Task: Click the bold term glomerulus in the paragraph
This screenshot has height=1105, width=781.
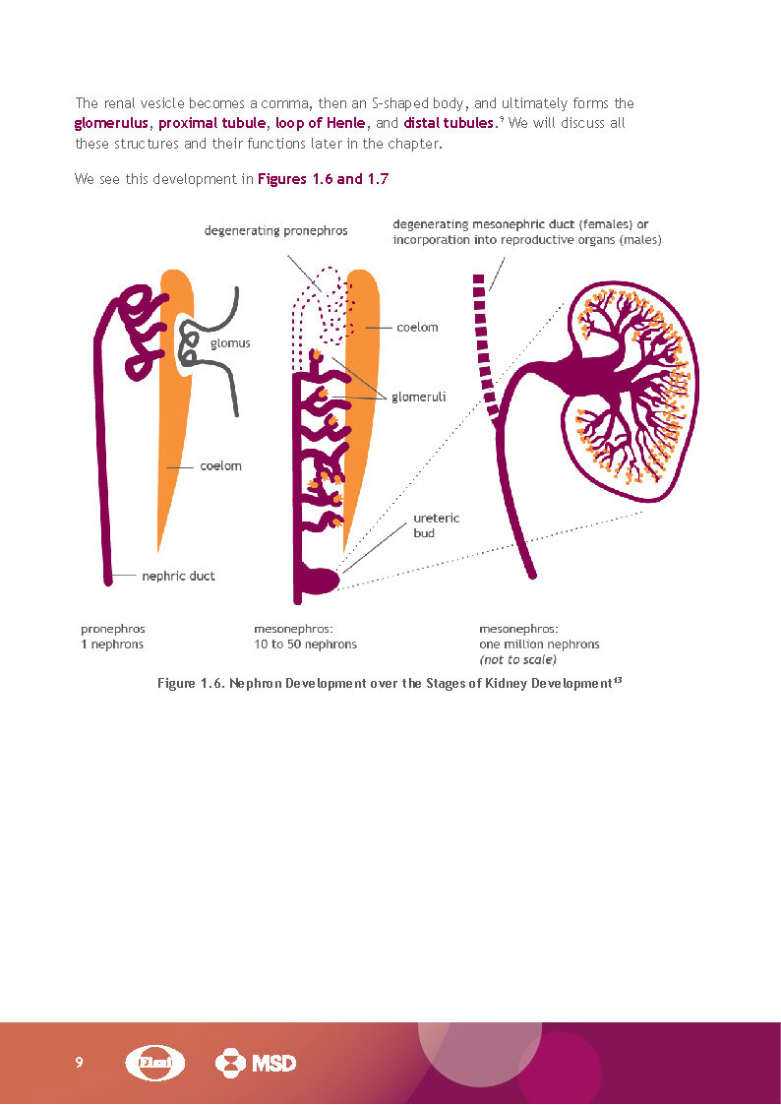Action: coord(111,124)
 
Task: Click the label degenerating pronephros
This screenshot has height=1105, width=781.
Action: coord(275,231)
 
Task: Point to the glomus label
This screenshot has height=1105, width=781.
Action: coord(230,343)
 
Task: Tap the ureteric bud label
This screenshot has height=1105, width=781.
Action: coord(436,525)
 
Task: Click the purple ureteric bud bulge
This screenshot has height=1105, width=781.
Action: coord(321,581)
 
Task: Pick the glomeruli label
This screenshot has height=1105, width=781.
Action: coord(419,398)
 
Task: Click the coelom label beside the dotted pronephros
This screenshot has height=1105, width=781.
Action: coord(417,328)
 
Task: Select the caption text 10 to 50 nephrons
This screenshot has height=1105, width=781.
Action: coord(305,645)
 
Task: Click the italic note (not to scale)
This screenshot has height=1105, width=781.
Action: coord(517,659)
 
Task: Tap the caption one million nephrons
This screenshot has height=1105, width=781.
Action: coord(539,645)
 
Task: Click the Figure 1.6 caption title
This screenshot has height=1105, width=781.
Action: coord(390,684)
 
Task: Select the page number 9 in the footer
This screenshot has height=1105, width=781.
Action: coord(79,1063)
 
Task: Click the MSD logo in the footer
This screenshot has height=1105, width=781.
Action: coord(256,1063)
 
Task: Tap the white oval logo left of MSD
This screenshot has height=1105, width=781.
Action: coord(156,1063)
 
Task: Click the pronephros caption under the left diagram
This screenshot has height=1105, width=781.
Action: coord(106,628)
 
